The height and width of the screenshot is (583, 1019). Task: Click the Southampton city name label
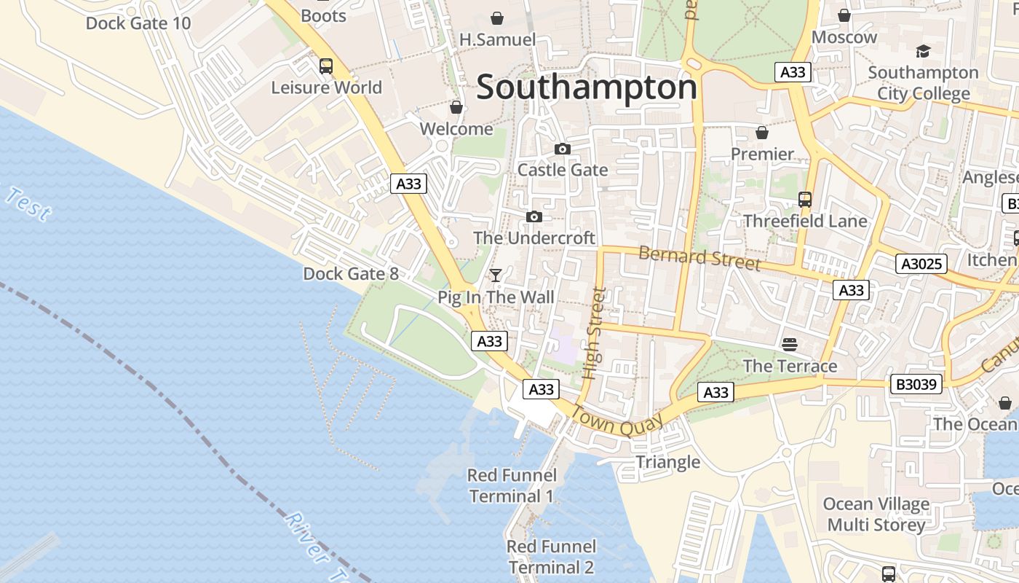click(x=587, y=87)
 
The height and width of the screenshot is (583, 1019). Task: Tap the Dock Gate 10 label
click(x=138, y=23)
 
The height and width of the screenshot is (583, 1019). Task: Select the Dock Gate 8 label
click(x=351, y=274)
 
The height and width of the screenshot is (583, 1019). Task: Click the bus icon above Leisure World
click(x=326, y=66)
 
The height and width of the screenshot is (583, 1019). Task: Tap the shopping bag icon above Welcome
click(x=456, y=108)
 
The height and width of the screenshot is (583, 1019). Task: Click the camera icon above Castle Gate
click(x=562, y=149)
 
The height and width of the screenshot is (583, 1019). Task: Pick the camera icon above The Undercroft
click(x=534, y=217)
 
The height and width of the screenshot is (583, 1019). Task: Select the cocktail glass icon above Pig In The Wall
click(x=496, y=275)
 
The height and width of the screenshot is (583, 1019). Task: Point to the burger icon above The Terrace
click(x=790, y=344)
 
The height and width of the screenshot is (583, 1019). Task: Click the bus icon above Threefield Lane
click(x=805, y=200)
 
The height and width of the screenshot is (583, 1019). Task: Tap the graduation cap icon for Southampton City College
click(x=923, y=51)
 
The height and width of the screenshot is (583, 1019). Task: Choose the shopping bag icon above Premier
click(x=762, y=133)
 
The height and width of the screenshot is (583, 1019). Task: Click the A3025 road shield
click(x=921, y=264)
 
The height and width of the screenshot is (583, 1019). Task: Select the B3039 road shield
click(x=916, y=384)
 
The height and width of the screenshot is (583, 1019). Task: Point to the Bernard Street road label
click(x=699, y=258)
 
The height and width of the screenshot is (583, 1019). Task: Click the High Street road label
click(x=595, y=333)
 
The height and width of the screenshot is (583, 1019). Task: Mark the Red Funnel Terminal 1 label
click(x=512, y=486)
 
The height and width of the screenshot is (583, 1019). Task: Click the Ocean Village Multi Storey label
click(x=876, y=514)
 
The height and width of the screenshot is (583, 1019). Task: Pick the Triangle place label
click(x=668, y=462)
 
